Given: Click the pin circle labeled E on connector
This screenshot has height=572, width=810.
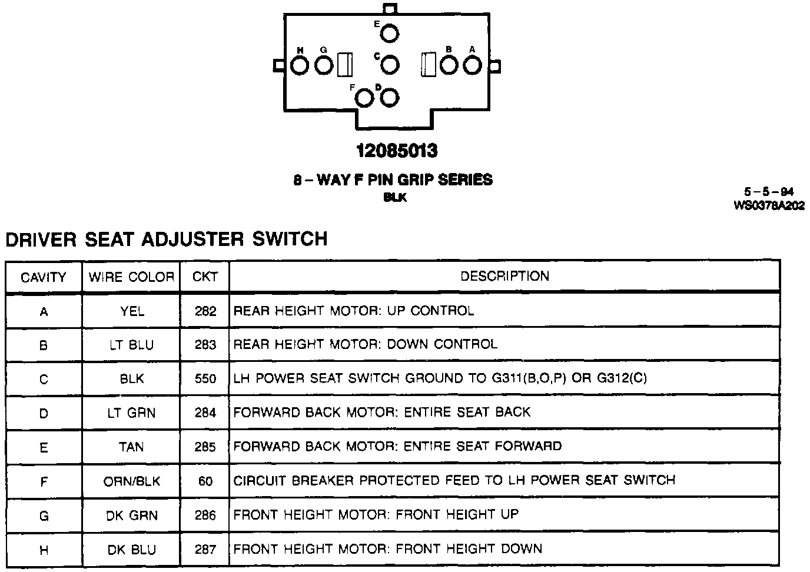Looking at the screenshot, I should point(389,34).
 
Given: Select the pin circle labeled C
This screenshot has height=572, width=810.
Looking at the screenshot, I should point(390,65).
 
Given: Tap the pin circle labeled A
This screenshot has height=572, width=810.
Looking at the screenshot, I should point(472,65).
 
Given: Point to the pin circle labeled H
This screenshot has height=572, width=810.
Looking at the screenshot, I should point(300,65).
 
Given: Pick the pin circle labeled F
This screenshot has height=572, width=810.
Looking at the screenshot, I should point(366,98).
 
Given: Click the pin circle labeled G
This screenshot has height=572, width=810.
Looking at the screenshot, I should point(324,65).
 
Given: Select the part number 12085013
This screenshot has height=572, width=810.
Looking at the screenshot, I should point(397,151).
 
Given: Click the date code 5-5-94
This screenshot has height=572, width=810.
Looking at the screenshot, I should point(769,192).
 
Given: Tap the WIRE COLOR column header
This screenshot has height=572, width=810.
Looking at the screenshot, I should point(131,277).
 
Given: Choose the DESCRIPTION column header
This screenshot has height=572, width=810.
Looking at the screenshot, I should point(504,276).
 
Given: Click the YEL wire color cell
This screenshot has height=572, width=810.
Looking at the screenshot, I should point(132,311).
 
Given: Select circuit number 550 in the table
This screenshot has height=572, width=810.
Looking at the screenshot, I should point(205,378).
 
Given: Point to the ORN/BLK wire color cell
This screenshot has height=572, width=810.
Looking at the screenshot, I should point(132,481).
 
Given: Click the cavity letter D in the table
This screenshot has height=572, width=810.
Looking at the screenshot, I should point(44,413).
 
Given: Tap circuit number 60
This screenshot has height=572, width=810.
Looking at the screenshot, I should point(205,481).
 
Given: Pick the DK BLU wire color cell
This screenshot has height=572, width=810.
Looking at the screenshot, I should point(132,550).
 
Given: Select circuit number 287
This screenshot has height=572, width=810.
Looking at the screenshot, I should point(205,550).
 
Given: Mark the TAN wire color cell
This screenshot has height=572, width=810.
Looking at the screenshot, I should point(131,447).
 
